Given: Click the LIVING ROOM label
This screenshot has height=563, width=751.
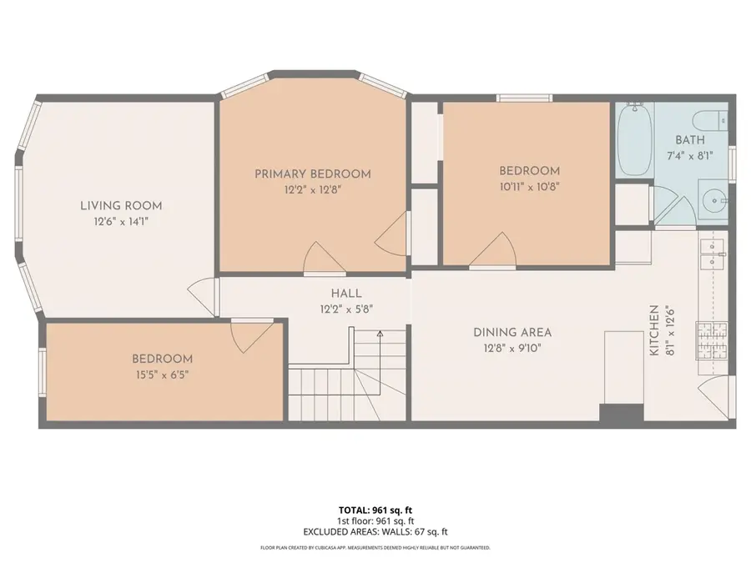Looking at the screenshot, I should coord(121,205).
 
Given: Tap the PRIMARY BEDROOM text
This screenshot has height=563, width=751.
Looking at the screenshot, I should coord(312,173).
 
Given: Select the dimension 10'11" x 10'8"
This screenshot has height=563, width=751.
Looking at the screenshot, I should coord(529,187).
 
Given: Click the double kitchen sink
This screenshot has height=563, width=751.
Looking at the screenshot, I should coord(712,253).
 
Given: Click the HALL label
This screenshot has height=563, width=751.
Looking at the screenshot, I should coord(345,294).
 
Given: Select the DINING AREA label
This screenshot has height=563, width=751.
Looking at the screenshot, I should coord(512,332).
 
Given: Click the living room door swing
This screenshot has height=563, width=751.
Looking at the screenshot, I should coord(200,294).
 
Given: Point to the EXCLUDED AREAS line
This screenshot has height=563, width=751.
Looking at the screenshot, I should coord(375,531).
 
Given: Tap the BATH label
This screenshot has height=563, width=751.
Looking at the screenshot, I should coord(689,140).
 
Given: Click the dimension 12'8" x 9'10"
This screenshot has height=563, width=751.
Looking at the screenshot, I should coord(512,349).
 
